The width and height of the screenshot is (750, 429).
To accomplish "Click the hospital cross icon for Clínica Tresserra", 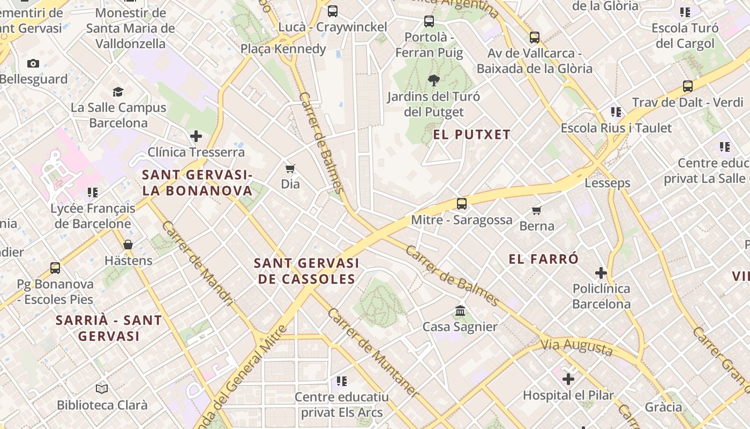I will [196, 136].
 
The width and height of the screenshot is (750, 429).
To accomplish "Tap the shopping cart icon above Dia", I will [290, 169].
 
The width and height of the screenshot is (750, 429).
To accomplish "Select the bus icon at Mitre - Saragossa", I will [461, 204].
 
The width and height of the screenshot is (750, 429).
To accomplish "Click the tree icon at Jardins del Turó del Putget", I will [433, 80].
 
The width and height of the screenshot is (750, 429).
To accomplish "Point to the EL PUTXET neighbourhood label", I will [471, 135].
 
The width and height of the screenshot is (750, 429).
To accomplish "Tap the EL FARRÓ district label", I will [543, 260].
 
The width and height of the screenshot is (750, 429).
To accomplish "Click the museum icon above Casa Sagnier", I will [460, 311].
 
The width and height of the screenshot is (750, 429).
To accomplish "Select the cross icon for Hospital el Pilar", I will [568, 379].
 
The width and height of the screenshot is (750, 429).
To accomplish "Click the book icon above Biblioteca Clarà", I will [102, 389].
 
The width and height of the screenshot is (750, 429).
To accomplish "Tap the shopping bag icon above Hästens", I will [128, 245].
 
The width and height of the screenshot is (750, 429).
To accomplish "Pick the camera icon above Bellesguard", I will [33, 64].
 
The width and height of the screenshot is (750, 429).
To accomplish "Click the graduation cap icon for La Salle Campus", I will [118, 92].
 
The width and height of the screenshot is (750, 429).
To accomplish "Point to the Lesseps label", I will [607, 183].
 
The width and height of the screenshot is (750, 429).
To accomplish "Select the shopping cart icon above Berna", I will [536, 210].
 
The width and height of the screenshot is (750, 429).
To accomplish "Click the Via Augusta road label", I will [576, 347].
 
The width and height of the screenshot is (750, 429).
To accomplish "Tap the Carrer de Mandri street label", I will [198, 263].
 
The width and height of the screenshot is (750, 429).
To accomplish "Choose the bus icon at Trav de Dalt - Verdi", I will [688, 86].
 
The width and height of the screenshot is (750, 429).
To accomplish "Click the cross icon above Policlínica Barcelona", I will [601, 273].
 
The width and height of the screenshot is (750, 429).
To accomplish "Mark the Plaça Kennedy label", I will [283, 49].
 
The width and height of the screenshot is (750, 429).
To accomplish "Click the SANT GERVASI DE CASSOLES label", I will [306, 271].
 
